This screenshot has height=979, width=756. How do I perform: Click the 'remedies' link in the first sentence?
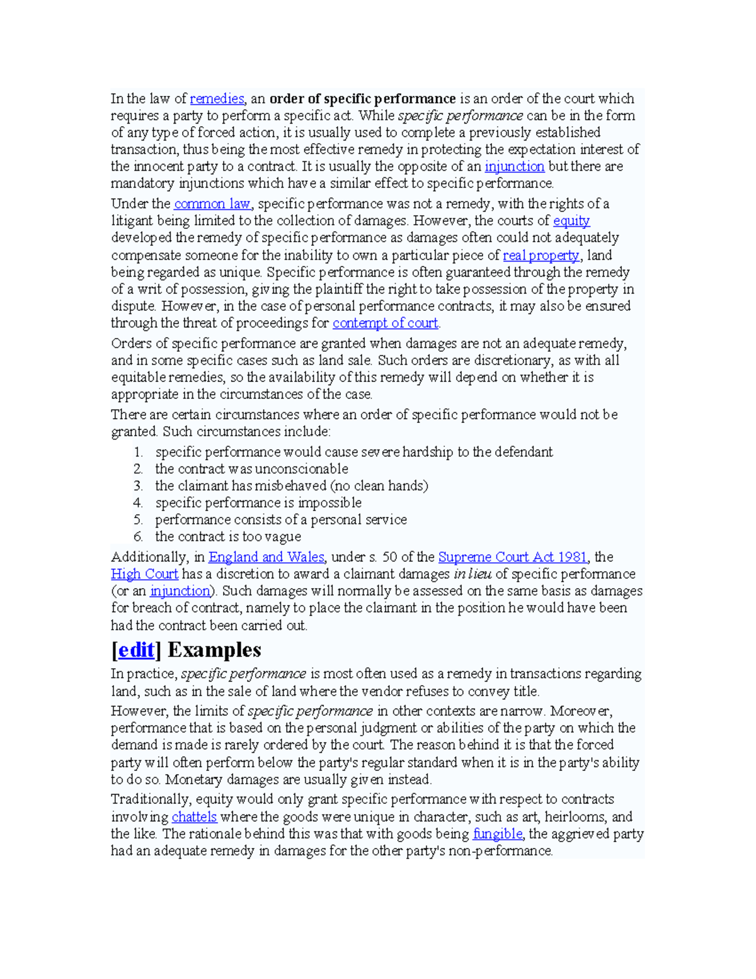[216, 99]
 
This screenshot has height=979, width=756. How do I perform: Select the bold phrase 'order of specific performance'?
[362, 99]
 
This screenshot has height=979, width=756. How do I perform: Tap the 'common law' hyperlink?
[212, 204]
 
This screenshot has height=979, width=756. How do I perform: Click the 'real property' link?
[541, 256]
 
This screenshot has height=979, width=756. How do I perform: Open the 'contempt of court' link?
[385, 323]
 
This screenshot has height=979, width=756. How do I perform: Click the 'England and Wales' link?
[266, 557]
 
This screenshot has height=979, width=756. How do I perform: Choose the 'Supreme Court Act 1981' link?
[513, 557]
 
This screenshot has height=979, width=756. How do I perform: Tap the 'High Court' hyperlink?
[144, 574]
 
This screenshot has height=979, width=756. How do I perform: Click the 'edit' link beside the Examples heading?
[136, 650]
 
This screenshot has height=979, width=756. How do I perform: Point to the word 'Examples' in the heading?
[214, 650]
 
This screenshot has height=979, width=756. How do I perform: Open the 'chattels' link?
[194, 817]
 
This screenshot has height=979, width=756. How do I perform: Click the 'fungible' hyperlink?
[497, 834]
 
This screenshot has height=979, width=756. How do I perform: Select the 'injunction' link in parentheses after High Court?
[180, 591]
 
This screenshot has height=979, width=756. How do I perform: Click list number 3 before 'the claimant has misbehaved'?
[138, 486]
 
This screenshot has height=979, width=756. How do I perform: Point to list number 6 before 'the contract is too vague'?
[138, 537]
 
